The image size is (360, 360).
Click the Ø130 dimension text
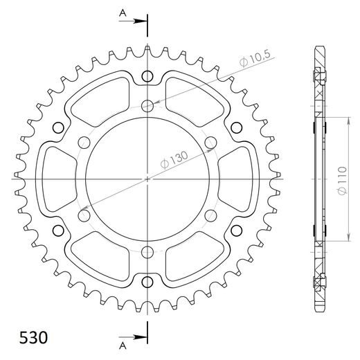176,156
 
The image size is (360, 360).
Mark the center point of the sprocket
147,179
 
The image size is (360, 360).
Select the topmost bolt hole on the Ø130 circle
147,105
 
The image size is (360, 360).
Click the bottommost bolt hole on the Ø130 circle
147,252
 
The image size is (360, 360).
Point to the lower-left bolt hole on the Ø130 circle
84,215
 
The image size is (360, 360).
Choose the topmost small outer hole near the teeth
147,75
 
